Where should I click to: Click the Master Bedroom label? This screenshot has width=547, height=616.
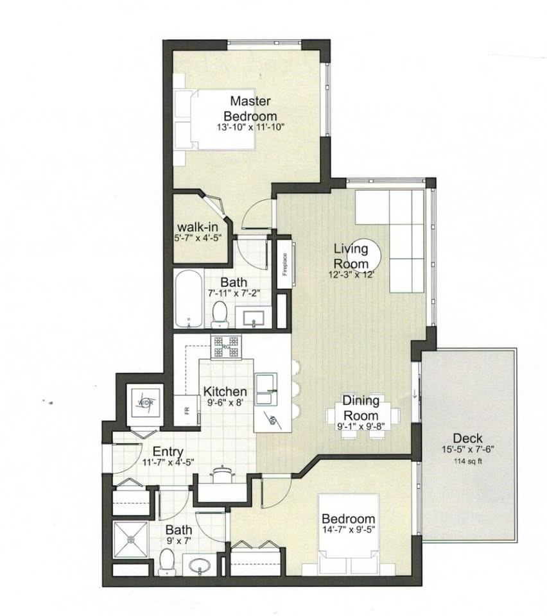(250, 108)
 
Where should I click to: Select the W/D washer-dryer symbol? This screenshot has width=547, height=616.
(143, 403)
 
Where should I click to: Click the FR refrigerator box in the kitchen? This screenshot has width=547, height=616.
(187, 411)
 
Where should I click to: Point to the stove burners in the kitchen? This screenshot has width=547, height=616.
(225, 347)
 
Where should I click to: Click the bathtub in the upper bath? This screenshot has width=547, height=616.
(188, 299)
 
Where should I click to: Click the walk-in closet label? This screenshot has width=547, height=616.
(198, 228)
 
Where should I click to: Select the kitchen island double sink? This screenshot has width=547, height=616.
(266, 388)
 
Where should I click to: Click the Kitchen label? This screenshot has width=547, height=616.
(225, 391)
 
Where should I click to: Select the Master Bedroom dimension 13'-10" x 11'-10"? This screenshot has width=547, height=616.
(250, 127)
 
